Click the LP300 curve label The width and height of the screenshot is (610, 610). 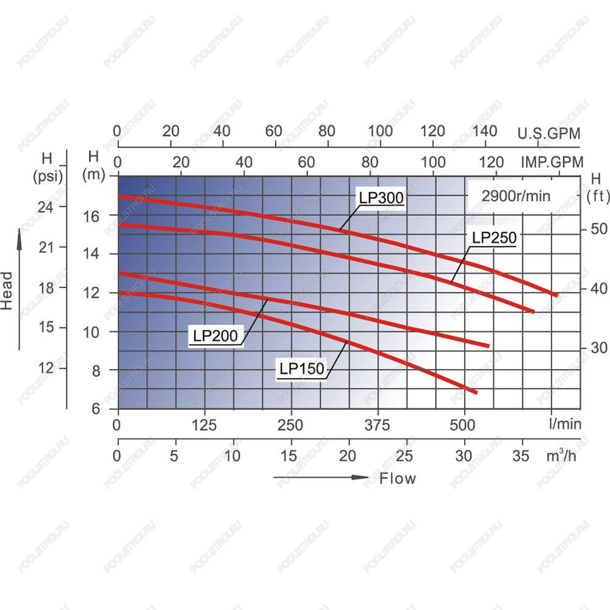point(381,198)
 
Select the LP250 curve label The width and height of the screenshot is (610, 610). point(494,238)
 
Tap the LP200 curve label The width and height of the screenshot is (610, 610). point(215,335)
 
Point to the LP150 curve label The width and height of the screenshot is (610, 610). point(302,368)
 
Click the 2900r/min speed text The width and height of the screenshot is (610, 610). point(516,196)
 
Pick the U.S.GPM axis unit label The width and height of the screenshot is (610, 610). point(548,134)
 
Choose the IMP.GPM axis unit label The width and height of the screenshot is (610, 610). point(552,162)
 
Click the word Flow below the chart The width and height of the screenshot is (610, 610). point(398,478)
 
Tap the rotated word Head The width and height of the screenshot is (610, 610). point(7,290)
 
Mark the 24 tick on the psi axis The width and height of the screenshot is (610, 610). point(46,207)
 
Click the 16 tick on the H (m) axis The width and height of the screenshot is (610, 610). point(91,217)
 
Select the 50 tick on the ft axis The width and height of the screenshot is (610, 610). point(599,229)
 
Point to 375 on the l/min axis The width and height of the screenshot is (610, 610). point(377,425)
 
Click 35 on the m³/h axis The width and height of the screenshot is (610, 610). point(520,456)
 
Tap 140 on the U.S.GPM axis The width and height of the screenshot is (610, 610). point(485,131)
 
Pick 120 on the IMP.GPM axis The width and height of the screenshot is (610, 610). point(492,162)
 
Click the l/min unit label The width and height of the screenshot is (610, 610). point(565,424)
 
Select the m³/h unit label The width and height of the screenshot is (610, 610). point(561,454)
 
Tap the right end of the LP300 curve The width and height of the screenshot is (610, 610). point(557,296)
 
